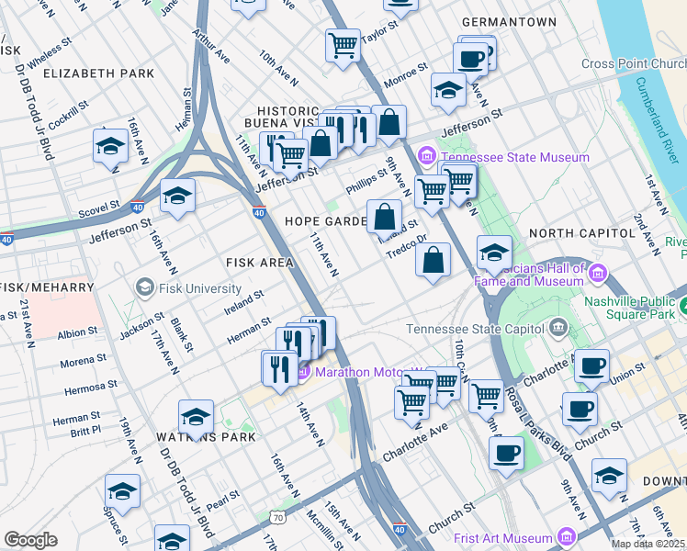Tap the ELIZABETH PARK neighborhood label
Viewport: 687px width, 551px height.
[x=98, y=73]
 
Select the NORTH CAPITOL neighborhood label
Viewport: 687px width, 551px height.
[x=581, y=233]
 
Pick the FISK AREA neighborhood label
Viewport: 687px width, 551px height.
[x=259, y=263]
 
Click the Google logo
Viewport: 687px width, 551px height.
[x=30, y=539]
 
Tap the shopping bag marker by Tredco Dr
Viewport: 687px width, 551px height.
[x=434, y=260]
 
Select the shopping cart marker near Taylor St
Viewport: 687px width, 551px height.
[x=343, y=44]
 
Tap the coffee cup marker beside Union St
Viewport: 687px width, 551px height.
[x=591, y=365]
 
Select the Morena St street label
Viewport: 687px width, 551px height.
[x=77, y=362]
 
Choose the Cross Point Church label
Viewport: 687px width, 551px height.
[x=634, y=64]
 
